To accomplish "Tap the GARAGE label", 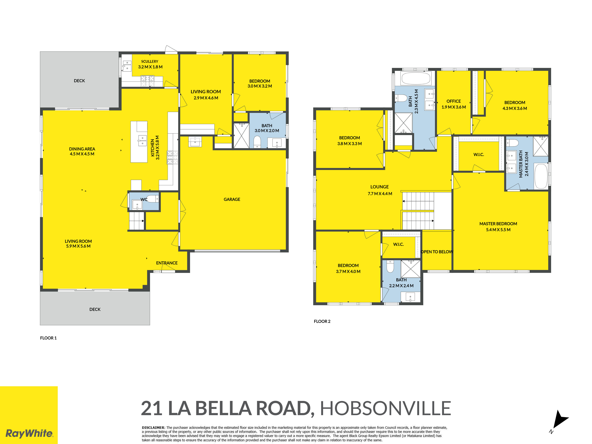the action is coord(232,199).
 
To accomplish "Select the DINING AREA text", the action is coord(82,149).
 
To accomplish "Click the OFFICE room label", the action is coord(454,101).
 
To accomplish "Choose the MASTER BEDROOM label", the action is coord(498,224).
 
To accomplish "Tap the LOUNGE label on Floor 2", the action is coord(379,187).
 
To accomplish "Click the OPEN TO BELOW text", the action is coord(437,252).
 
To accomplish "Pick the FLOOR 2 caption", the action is coord(322,321).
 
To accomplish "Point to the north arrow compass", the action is coord(560,420).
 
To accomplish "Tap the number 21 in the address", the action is coord(152,408).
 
